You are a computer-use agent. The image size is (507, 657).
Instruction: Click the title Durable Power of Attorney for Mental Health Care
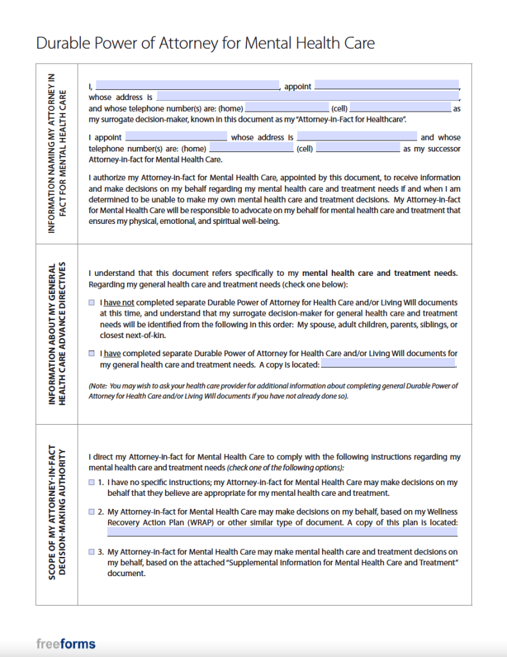pyautogui.click(x=205, y=43)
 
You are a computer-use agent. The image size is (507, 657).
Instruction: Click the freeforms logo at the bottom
pyautogui.click(x=65, y=644)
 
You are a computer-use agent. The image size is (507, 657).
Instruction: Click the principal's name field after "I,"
pyautogui.click(x=187, y=85)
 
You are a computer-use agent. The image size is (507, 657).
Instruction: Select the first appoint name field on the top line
pyautogui.click(x=387, y=85)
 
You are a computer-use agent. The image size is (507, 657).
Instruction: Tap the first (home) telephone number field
pyautogui.click(x=286, y=108)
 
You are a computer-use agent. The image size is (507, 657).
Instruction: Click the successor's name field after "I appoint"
pyautogui.click(x=176, y=137)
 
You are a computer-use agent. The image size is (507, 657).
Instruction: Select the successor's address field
pyautogui.click(x=357, y=137)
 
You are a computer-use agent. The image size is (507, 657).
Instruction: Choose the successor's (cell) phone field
pyautogui.click(x=358, y=148)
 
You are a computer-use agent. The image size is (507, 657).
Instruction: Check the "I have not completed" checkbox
pyautogui.click(x=92, y=302)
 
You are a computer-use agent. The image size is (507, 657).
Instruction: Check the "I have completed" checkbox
pyautogui.click(x=92, y=354)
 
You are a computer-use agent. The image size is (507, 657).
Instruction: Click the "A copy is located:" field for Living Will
pyautogui.click(x=388, y=364)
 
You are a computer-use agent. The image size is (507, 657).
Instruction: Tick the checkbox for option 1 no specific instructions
pyautogui.click(x=92, y=482)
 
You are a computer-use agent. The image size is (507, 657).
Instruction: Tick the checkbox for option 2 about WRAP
pyautogui.click(x=92, y=511)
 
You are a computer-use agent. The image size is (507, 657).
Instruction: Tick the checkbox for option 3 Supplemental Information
pyautogui.click(x=92, y=552)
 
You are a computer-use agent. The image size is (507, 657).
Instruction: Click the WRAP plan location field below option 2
pyautogui.click(x=282, y=533)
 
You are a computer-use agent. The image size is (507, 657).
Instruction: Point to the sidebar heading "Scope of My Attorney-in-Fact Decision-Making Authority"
pyautogui.click(x=57, y=514)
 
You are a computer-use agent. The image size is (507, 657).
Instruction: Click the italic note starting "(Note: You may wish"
pyautogui.click(x=273, y=391)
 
